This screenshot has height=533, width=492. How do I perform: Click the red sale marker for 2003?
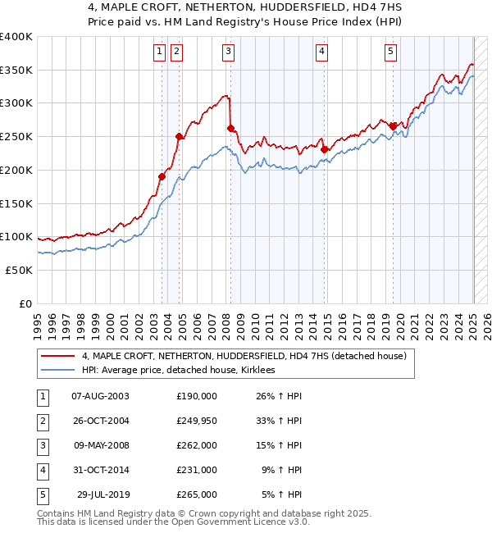click(x=162, y=176)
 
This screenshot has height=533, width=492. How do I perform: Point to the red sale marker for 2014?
click(x=325, y=149)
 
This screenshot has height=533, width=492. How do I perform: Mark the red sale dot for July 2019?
click(x=394, y=126)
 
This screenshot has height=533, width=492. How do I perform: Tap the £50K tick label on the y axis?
click(x=19, y=270)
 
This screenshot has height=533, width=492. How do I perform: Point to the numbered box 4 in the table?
click(x=42, y=470)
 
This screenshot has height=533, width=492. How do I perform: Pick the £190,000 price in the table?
click(x=197, y=396)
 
